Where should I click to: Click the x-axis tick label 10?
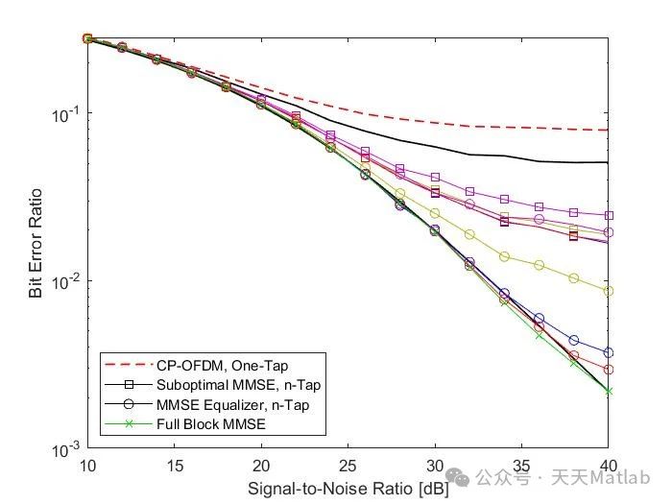point(87,466)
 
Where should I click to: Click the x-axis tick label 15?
point(174,466)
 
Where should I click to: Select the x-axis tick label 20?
point(261,466)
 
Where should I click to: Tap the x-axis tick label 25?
point(348,466)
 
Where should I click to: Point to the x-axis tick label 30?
point(435,466)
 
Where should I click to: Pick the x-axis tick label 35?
point(521,466)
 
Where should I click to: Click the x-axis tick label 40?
point(608,466)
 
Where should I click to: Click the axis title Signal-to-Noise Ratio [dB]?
point(348,488)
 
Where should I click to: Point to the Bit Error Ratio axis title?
point(36,244)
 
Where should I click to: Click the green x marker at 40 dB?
point(608,391)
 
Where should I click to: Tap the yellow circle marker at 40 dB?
point(608,291)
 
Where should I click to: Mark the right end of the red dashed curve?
point(608,130)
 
